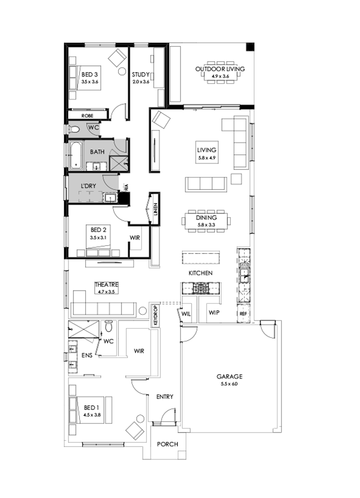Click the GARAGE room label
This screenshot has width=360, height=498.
(x=230, y=376)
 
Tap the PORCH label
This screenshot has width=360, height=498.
(x=167, y=444)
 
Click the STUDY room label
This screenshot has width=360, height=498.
(x=141, y=74)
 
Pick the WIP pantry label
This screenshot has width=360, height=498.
(x=214, y=312)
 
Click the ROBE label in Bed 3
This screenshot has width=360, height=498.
(x=87, y=115)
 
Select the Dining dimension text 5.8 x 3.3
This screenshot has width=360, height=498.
(x=206, y=225)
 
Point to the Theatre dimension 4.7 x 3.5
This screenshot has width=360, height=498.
(x=106, y=292)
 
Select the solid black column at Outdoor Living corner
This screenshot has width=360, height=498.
(x=250, y=46)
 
